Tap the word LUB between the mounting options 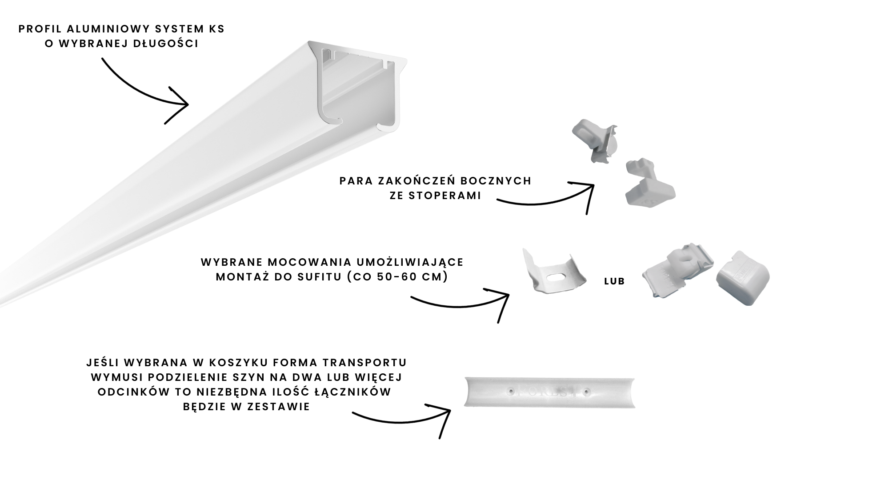pos(615,281)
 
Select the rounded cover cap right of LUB pos(742,278)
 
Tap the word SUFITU pos(317,277)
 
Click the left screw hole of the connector pos(511,391)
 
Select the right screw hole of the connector pos(588,392)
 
